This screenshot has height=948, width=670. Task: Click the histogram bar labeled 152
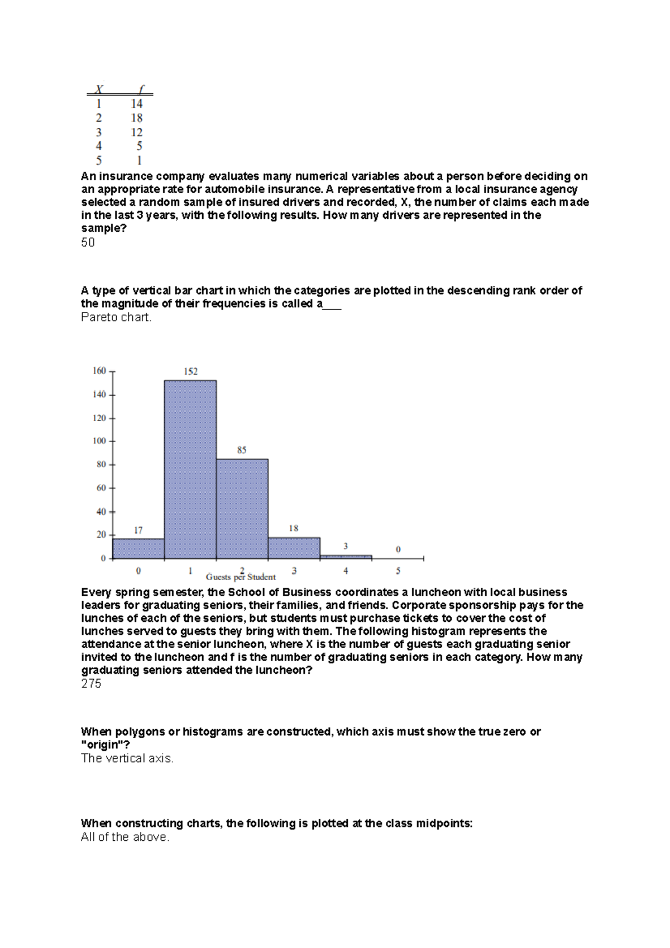(x=190, y=469)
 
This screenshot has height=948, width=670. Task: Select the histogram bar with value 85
(x=242, y=508)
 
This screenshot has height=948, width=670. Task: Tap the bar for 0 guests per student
(x=138, y=548)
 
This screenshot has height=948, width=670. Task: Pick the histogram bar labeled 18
(x=294, y=548)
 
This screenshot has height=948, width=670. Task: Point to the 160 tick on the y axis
(x=99, y=371)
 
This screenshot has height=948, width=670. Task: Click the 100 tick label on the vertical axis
(x=99, y=441)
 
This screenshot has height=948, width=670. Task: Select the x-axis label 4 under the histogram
(x=346, y=571)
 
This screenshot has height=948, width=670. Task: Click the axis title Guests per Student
(x=241, y=577)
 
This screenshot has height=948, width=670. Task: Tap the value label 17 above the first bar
(x=138, y=530)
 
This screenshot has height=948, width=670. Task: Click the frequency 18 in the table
(x=137, y=118)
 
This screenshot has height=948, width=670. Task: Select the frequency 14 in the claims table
(x=137, y=104)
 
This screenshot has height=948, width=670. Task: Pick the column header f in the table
(x=141, y=89)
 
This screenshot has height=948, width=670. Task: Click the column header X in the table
(x=99, y=89)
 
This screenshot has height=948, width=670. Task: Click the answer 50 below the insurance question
(x=88, y=243)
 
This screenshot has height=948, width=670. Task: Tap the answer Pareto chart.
(x=116, y=318)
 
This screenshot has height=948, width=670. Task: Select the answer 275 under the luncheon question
(x=91, y=684)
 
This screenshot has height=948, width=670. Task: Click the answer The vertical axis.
(x=127, y=758)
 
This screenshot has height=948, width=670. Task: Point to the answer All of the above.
(x=125, y=837)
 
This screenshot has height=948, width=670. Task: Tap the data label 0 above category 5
(x=398, y=549)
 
